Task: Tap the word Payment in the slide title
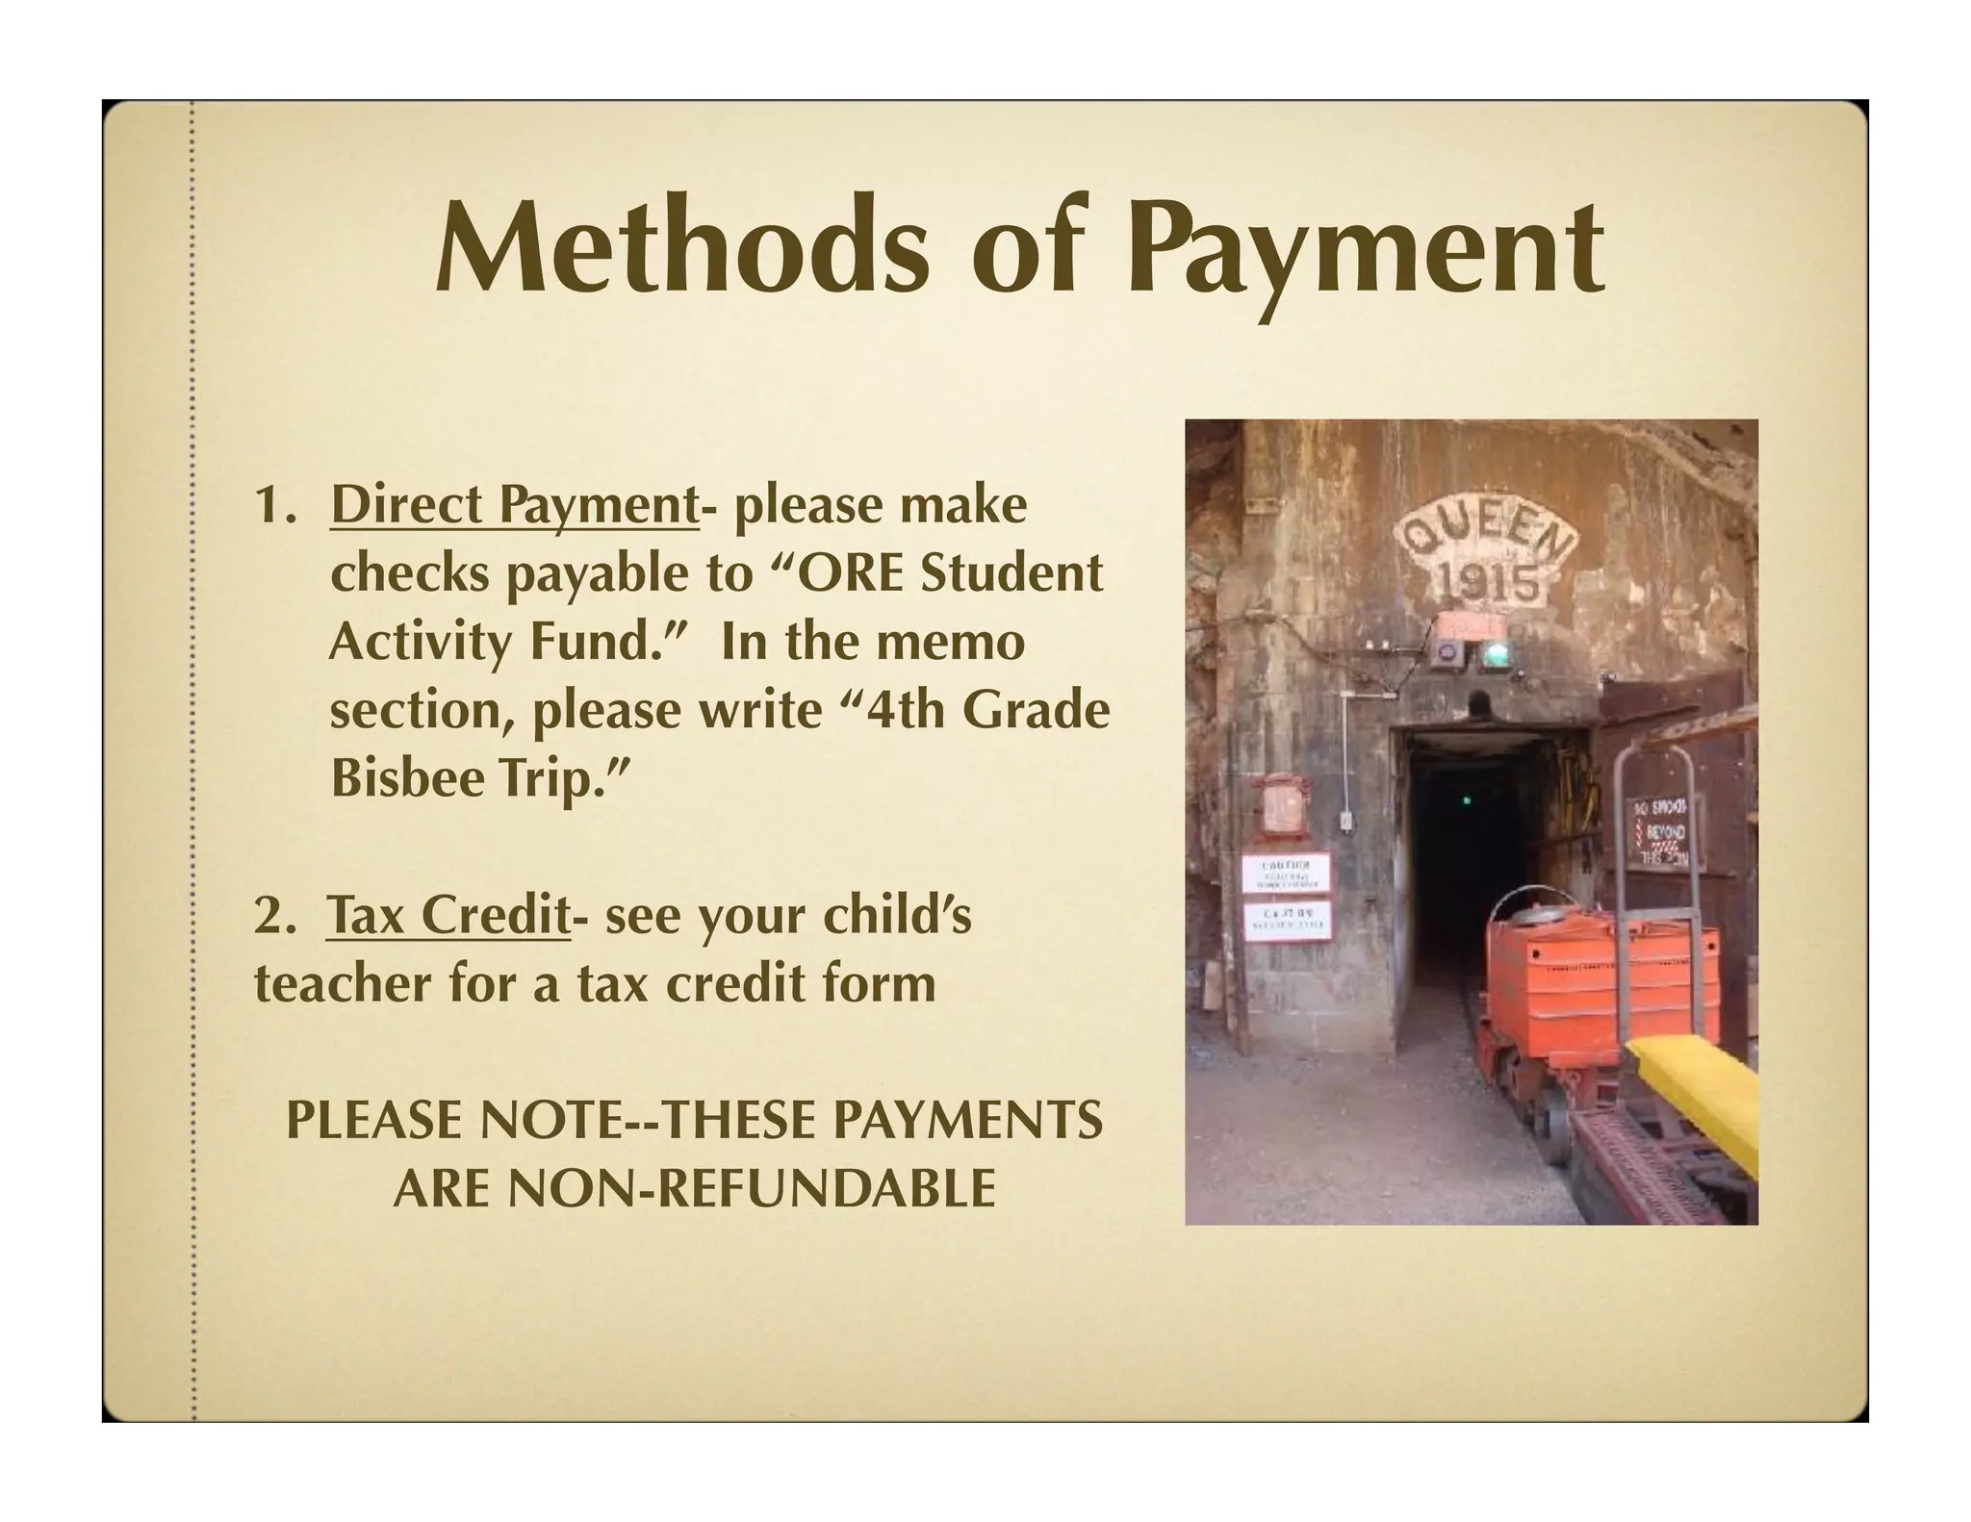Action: click(x=1371, y=246)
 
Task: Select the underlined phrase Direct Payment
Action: click(x=514, y=507)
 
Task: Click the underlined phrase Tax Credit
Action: click(x=448, y=915)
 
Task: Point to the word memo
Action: click(x=970, y=643)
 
